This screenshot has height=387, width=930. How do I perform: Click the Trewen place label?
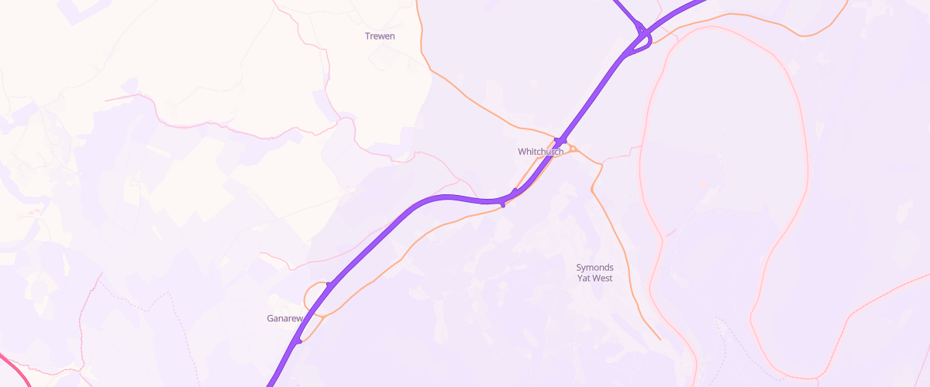point(380,36)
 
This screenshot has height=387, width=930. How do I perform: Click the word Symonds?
point(594,268)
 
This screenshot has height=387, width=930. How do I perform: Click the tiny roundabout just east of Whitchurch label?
point(572,149)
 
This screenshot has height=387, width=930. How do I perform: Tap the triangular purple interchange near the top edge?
point(642,39)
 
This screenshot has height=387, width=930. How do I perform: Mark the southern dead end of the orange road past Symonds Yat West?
point(660,339)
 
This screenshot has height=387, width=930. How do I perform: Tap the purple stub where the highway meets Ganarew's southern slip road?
point(298,340)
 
